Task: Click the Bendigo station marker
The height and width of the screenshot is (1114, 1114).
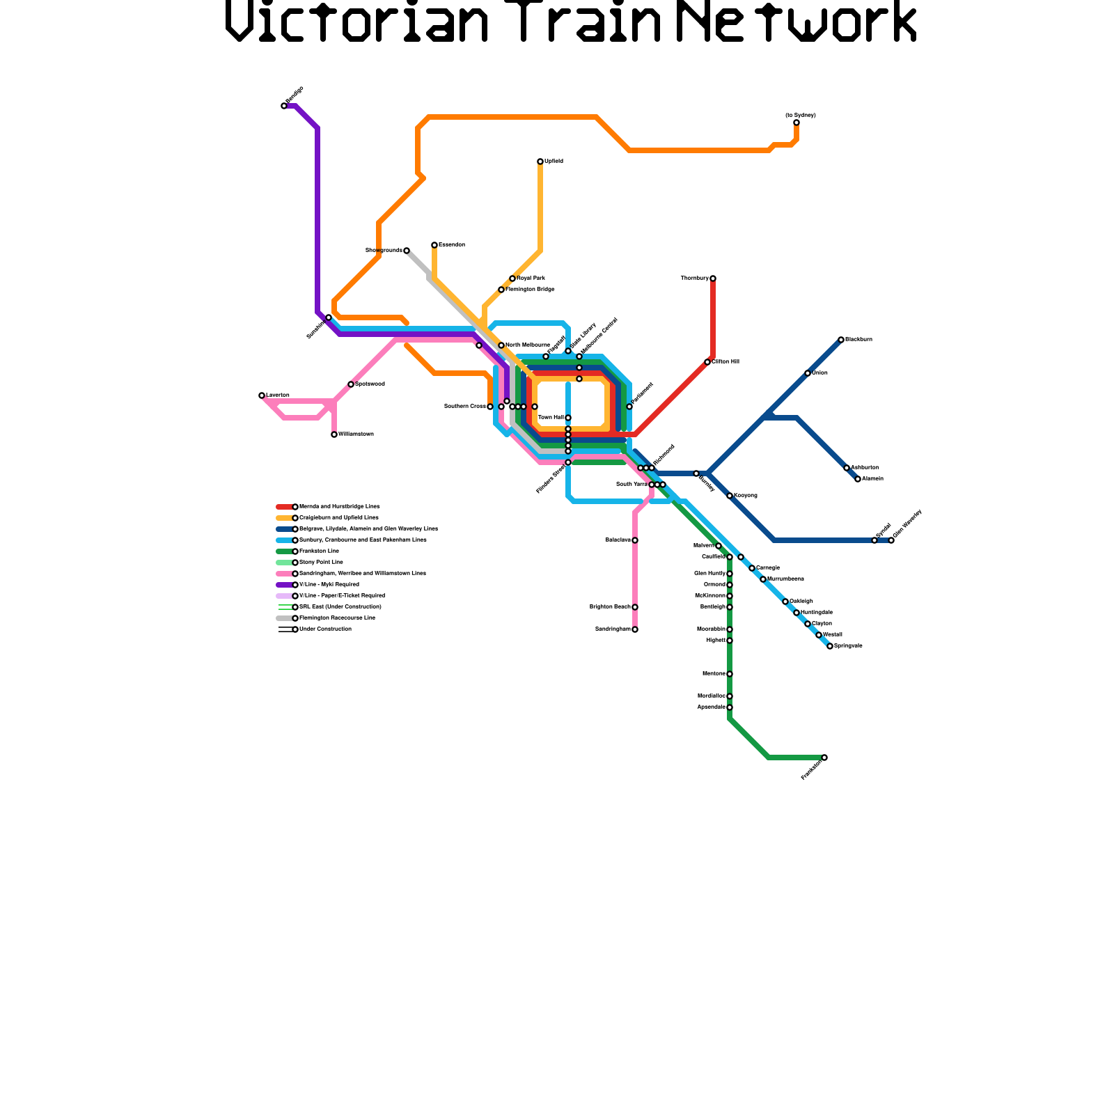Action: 284,106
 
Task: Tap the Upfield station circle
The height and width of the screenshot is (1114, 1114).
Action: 540,162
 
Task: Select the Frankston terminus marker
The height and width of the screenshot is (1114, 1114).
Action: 824,758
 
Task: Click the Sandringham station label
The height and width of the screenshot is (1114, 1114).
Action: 613,629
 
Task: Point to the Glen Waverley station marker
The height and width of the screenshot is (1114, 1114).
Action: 891,540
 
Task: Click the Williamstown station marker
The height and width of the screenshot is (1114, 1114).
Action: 334,434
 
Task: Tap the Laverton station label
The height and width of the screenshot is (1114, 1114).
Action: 278,395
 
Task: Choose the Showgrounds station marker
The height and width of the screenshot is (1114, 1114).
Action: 407,251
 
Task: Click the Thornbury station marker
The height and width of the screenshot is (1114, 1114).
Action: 713,278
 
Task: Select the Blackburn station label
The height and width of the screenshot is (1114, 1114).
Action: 858,340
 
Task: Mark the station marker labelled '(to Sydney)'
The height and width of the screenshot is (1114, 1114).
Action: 797,123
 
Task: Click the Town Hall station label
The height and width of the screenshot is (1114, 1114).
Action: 551,418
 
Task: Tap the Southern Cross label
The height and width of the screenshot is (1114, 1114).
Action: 465,407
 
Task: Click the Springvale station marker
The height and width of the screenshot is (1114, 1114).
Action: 830,646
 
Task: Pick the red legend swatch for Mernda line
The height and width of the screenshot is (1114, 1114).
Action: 284,507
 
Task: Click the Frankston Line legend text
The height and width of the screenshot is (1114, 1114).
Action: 319,551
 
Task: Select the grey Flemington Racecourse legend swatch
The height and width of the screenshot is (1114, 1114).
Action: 284,618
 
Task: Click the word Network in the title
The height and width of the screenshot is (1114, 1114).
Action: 797,22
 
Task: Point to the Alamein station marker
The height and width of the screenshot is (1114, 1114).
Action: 858,479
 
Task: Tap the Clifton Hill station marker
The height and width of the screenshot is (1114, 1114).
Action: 707,362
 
